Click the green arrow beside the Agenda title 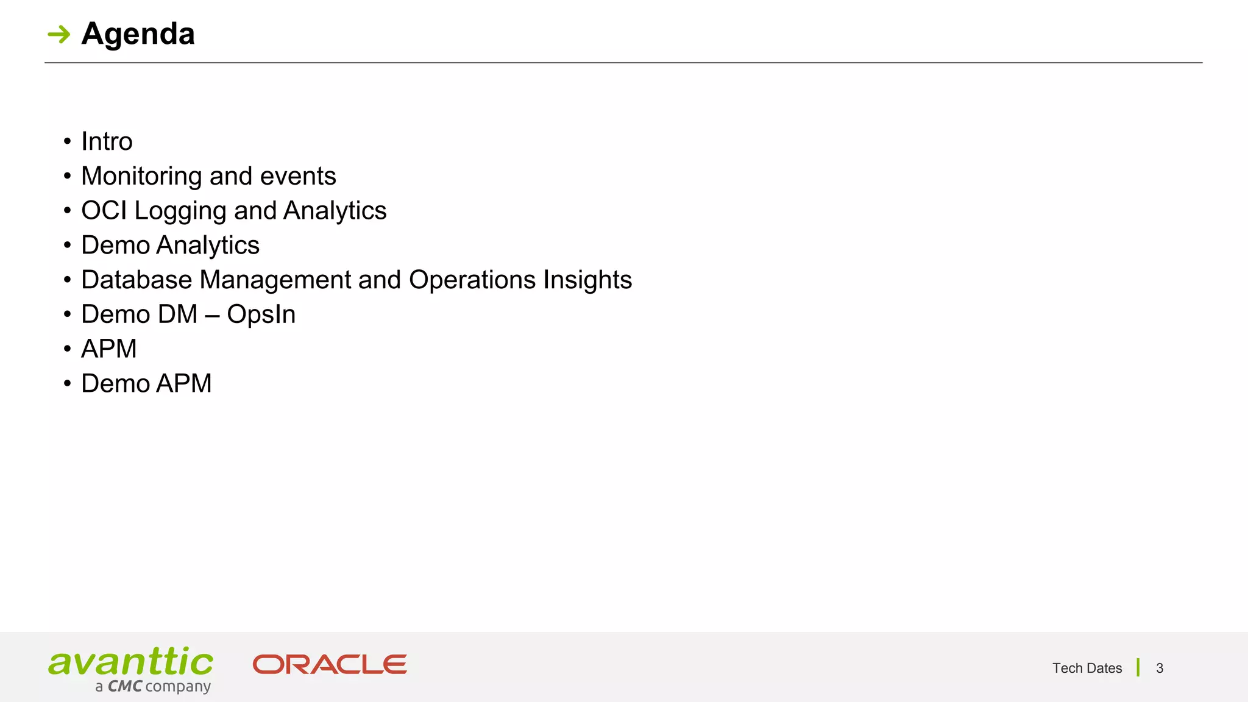59,34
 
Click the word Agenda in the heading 138,34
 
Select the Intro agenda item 107,141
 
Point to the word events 298,176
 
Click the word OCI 104,211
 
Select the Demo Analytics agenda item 170,246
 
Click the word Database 136,280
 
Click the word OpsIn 261,315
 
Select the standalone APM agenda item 109,349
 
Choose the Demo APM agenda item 146,384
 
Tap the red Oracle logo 330,664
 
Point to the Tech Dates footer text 1087,668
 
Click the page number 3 1160,668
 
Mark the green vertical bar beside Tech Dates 1138,667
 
